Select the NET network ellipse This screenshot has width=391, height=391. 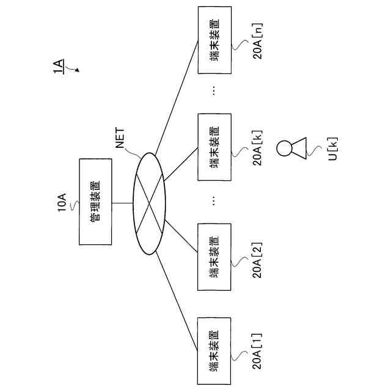click(x=149, y=203)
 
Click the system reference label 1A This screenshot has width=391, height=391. click(x=58, y=67)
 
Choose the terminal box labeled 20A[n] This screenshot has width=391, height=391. click(x=214, y=40)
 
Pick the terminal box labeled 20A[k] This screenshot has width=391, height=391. click(x=214, y=147)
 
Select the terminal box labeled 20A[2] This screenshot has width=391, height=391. click(x=214, y=257)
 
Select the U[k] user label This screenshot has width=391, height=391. click(x=334, y=148)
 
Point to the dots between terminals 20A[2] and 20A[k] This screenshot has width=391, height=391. click(x=214, y=200)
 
